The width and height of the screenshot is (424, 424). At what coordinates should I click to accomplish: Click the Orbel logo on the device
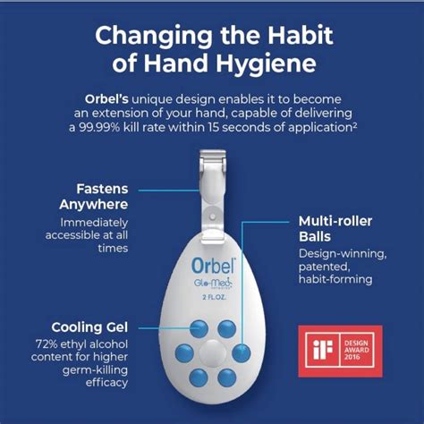click(211, 266)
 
